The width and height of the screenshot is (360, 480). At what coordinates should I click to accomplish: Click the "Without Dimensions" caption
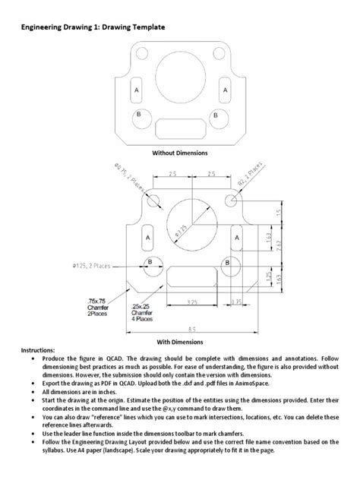pos(179,153)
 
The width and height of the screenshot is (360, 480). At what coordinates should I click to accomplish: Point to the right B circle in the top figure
pos(216,116)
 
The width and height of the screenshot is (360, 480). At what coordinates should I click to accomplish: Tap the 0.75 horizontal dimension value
pos(237,302)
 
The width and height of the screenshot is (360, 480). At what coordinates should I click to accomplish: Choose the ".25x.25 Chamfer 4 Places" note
pos(142,312)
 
